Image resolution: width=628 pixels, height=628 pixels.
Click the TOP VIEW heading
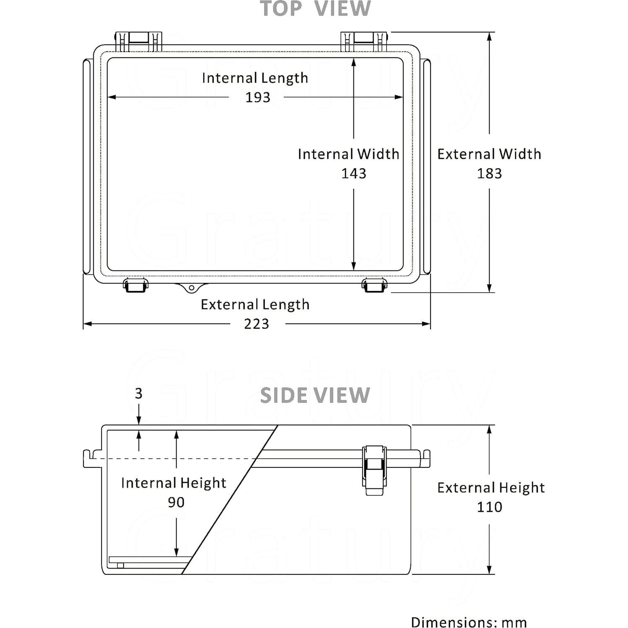[x=315, y=9]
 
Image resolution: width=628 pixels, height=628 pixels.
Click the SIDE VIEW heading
[x=315, y=395]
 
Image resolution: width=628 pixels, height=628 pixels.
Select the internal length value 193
[x=257, y=97]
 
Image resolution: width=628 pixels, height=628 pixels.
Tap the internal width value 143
[x=353, y=173]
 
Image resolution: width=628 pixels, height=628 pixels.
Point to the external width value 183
[x=489, y=173]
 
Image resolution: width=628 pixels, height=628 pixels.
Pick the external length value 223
[x=257, y=324]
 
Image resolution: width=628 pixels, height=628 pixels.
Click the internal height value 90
[x=176, y=502]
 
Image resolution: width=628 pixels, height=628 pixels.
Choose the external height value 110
[x=489, y=507]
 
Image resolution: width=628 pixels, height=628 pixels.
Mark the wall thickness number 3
[x=139, y=393]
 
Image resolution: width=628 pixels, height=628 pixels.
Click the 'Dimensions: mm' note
[x=469, y=622]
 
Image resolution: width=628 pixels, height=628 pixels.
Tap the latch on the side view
[x=374, y=470]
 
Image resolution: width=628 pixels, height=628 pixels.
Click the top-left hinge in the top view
[x=138, y=42]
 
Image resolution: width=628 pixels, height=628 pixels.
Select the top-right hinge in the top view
[x=363, y=42]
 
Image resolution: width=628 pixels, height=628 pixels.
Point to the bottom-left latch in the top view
[x=135, y=285]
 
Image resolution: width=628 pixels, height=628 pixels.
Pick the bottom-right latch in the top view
[x=374, y=285]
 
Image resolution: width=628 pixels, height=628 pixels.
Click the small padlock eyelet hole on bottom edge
[x=192, y=288]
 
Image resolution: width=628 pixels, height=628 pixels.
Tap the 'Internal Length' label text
[x=255, y=78]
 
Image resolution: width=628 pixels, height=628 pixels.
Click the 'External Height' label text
[x=491, y=488]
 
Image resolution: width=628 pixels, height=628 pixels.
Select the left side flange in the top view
[x=87, y=166]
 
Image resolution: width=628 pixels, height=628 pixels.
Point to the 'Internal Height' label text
[x=174, y=483]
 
